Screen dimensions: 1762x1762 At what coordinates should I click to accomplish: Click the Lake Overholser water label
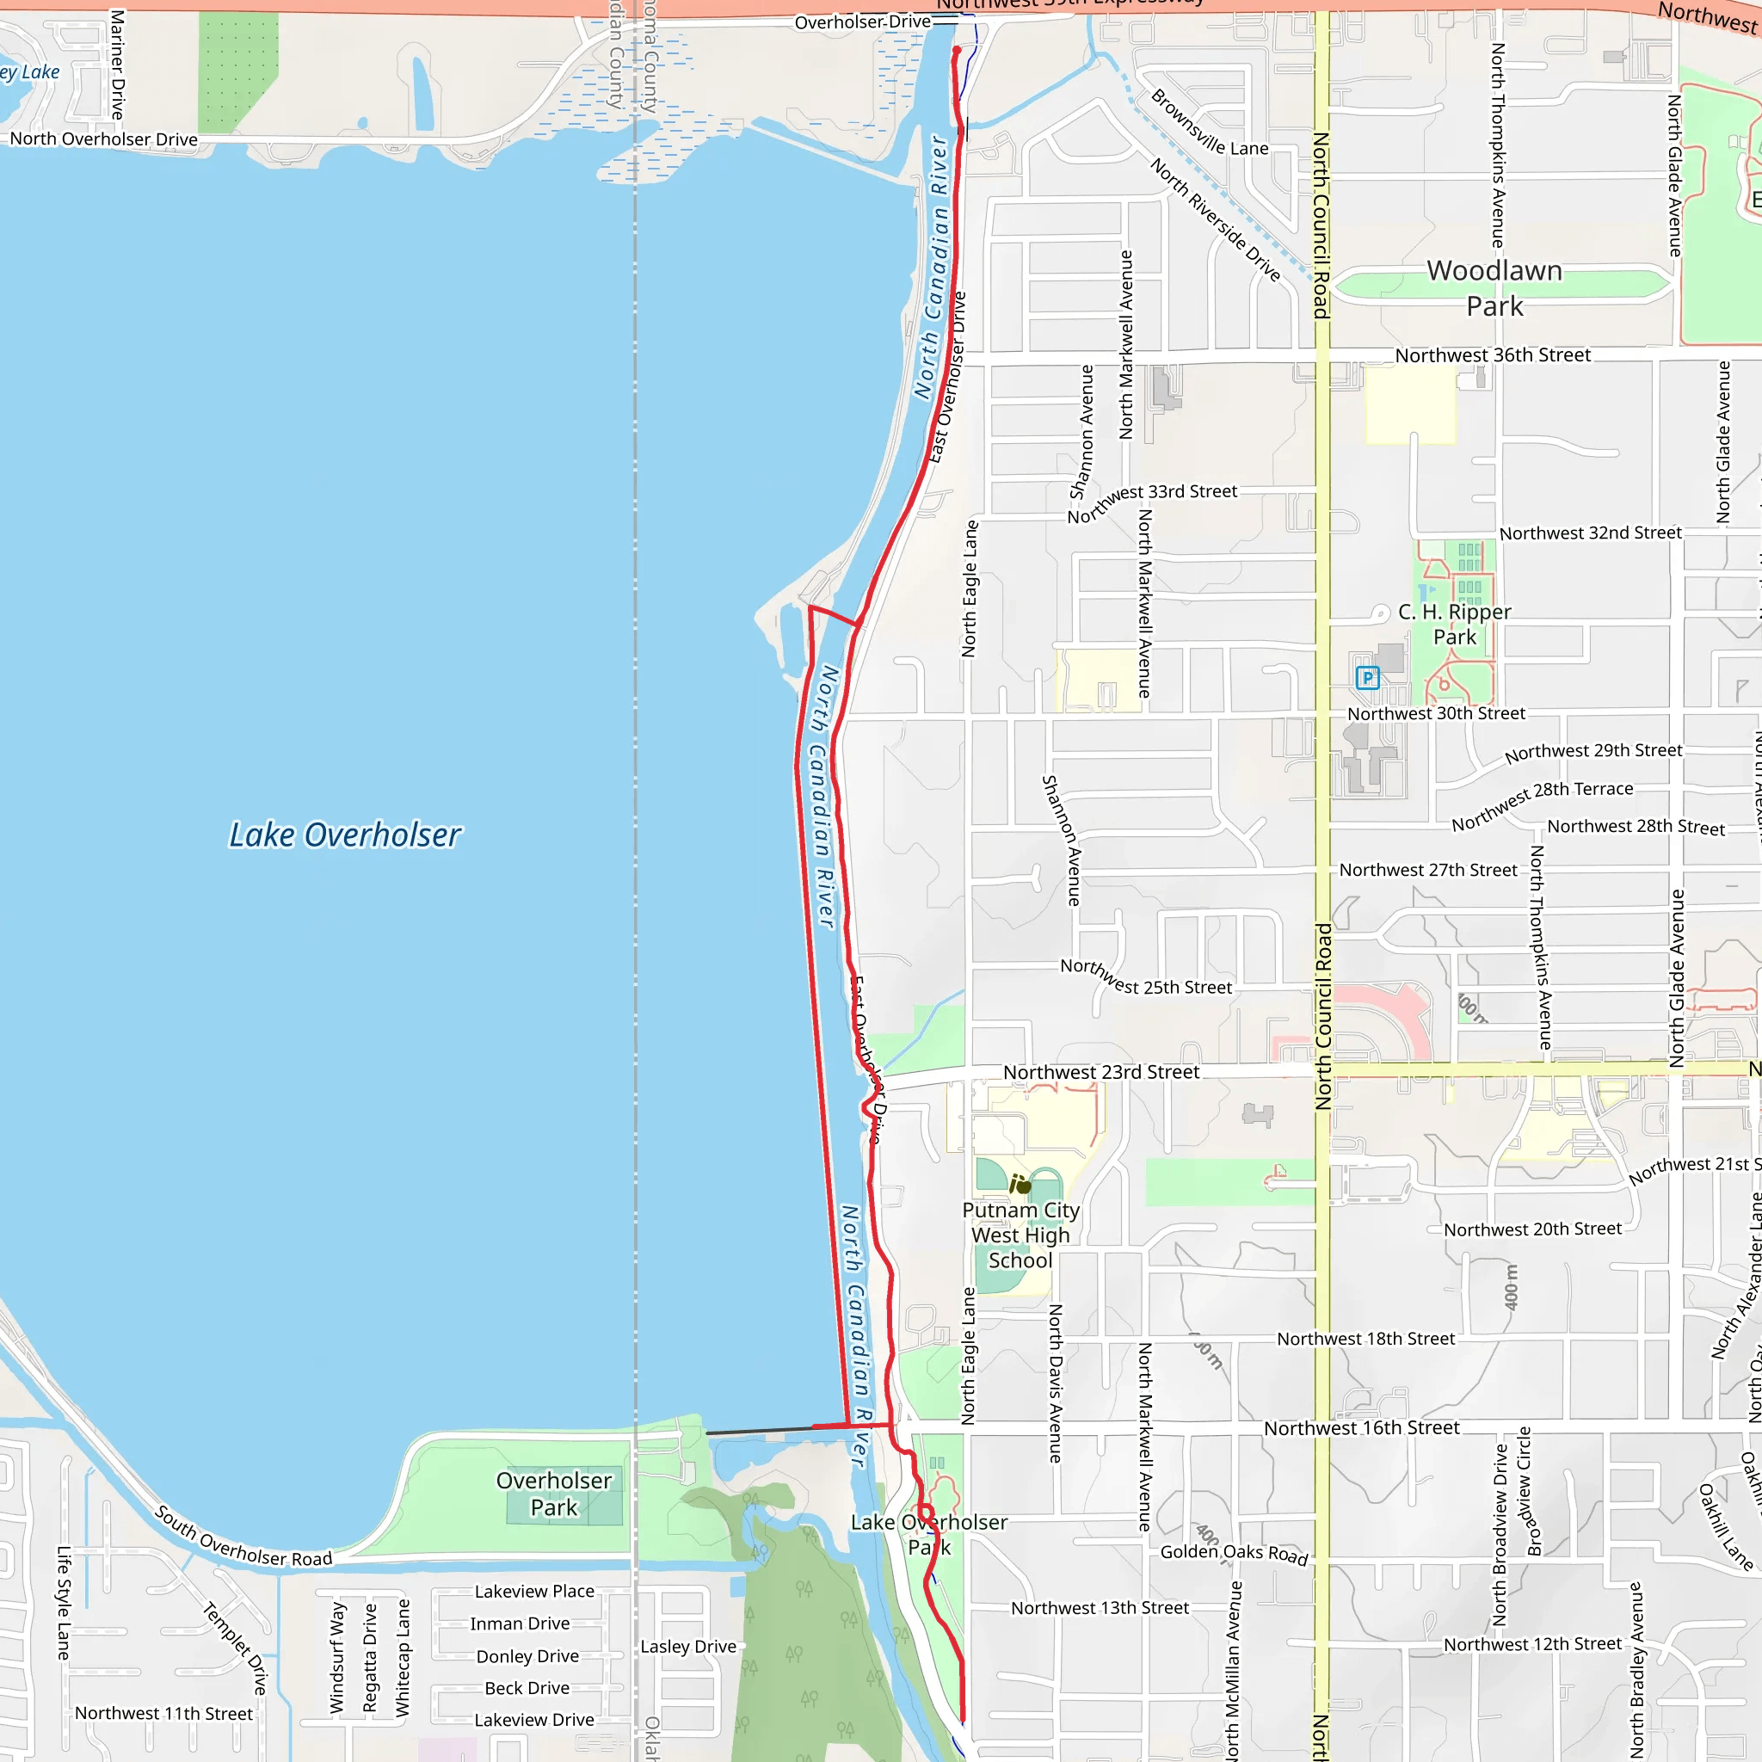(345, 835)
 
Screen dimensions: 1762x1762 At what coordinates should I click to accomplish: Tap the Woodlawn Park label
(1494, 288)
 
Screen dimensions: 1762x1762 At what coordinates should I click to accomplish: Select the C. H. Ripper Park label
(1454, 625)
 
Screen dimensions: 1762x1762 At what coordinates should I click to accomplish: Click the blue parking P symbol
(1367, 678)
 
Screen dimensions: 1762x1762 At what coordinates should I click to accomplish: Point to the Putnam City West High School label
(1020, 1235)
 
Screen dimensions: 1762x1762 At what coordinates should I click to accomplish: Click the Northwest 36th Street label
(1492, 354)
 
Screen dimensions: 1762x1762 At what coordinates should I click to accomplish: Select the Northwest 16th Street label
(1361, 1428)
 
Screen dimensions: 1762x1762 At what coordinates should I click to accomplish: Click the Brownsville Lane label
(1209, 123)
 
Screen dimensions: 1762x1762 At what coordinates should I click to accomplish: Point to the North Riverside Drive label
(1215, 219)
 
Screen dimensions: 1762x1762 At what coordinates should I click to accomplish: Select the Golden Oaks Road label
(1234, 1553)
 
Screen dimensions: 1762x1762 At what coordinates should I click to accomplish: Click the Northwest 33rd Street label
(1152, 503)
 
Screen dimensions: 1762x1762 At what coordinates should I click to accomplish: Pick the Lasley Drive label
(687, 1646)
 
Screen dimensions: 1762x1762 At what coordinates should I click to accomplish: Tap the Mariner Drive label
(117, 64)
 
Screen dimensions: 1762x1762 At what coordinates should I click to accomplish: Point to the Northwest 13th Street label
(1100, 1608)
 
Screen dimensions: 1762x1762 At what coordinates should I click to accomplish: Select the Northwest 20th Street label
(1532, 1229)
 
